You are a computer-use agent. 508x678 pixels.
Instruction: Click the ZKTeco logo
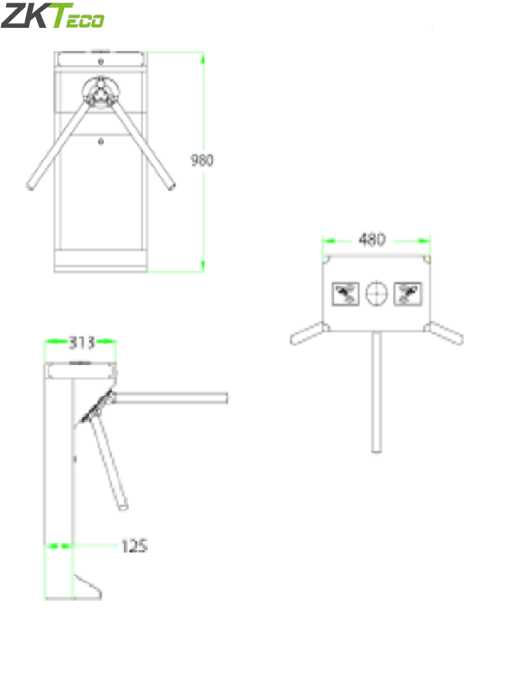click(x=53, y=16)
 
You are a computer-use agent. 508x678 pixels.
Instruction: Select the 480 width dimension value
click(x=371, y=240)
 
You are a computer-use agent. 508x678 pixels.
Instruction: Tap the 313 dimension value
click(x=81, y=342)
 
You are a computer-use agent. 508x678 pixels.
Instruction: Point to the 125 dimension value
click(x=134, y=546)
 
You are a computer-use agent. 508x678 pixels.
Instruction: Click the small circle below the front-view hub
click(x=101, y=140)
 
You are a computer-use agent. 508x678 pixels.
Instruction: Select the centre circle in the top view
click(x=377, y=293)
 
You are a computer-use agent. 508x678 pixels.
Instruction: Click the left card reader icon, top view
click(x=345, y=293)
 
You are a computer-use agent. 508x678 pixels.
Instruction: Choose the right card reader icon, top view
click(x=408, y=293)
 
